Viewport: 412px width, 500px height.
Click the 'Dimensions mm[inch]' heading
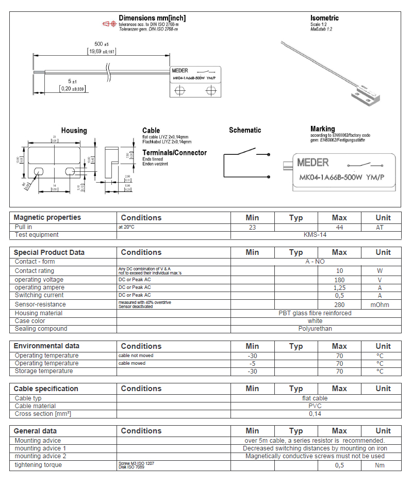pyautogui.click(x=152, y=18)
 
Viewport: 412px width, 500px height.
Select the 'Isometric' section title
pyautogui.click(x=324, y=18)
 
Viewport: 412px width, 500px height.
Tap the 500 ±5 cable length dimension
pyautogui.click(x=98, y=44)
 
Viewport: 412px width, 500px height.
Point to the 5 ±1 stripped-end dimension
pyautogui.click(x=72, y=82)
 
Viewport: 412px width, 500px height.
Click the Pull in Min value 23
pyautogui.click(x=252, y=227)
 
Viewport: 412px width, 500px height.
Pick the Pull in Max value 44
pyautogui.click(x=339, y=227)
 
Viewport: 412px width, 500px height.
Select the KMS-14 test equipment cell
pyautogui.click(x=316, y=235)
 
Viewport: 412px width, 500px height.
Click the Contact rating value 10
pyautogui.click(x=339, y=271)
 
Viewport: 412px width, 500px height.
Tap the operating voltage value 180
pyautogui.click(x=339, y=280)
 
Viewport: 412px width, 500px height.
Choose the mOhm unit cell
pyautogui.click(x=383, y=304)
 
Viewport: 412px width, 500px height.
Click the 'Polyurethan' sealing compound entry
pyautogui.click(x=316, y=329)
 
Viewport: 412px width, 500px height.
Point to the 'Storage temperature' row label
pyautogui.click(x=44, y=371)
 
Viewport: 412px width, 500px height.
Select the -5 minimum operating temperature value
pyautogui.click(x=252, y=363)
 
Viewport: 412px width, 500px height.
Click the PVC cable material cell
pyautogui.click(x=316, y=406)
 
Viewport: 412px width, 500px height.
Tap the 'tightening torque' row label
pyautogui.click(x=38, y=465)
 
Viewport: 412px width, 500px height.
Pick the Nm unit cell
pyautogui.click(x=383, y=465)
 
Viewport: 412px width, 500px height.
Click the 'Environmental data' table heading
pyautogui.click(x=46, y=346)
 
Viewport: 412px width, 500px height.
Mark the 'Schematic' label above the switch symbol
pyautogui.click(x=245, y=130)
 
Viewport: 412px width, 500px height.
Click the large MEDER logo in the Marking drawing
pyautogui.click(x=312, y=163)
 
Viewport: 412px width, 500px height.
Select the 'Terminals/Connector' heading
pyautogui.click(x=174, y=153)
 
